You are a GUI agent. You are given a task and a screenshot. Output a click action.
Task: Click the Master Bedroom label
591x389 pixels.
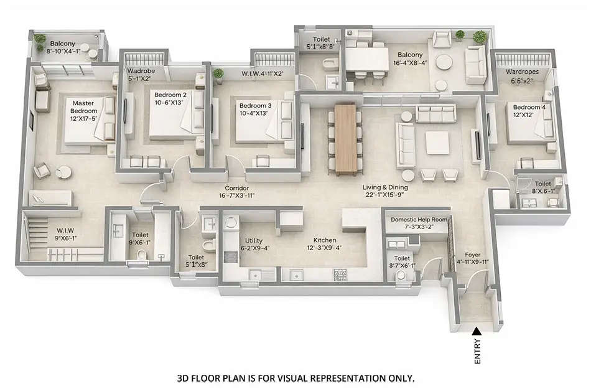coord(83,108)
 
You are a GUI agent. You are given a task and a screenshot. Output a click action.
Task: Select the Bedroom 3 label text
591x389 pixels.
coord(255,106)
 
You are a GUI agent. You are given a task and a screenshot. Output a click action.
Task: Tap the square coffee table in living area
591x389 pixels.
coord(437,143)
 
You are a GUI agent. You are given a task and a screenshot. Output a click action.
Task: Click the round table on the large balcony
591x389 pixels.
coord(444,63)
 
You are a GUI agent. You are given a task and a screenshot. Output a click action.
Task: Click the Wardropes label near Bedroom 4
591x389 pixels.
coord(522,72)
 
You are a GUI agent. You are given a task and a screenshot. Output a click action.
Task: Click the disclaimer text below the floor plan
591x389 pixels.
coord(295,378)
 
